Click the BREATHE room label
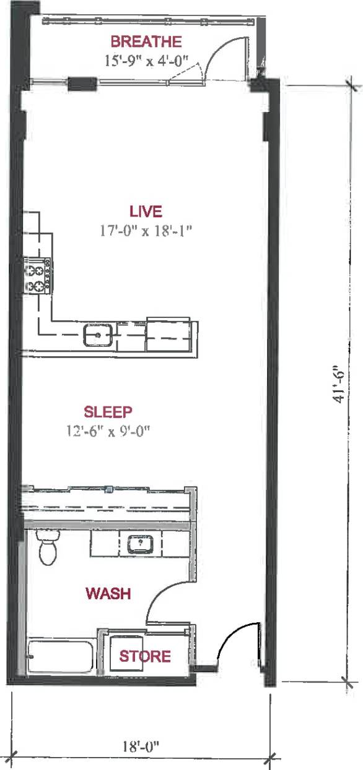(x=146, y=42)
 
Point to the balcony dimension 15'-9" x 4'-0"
(x=146, y=61)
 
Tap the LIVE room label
(x=146, y=212)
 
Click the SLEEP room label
(x=109, y=412)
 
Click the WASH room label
(x=108, y=594)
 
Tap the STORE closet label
(x=145, y=656)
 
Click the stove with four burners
(x=38, y=275)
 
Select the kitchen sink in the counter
(x=98, y=335)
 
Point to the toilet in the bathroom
(x=47, y=547)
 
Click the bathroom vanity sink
(x=141, y=545)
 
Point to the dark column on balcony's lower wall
(x=82, y=82)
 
